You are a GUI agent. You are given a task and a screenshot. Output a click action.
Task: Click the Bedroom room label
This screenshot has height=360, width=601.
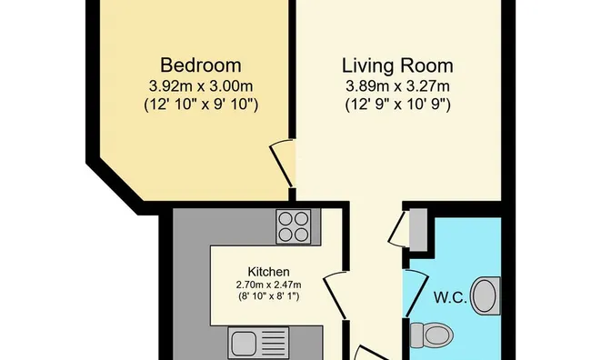(x=200, y=65)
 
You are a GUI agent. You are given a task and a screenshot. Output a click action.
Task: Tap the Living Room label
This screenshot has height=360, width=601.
(x=397, y=65)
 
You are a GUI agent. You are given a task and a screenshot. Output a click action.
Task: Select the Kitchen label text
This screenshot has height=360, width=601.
(x=269, y=272)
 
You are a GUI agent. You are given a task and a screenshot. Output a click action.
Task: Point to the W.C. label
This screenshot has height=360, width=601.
(x=450, y=297)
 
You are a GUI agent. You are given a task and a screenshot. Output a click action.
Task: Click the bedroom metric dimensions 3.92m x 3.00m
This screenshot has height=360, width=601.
(x=201, y=86)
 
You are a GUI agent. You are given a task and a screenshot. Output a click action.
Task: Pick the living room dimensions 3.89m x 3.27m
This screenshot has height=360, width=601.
(x=397, y=86)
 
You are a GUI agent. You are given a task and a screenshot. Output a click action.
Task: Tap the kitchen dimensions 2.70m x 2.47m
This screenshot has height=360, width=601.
(x=268, y=285)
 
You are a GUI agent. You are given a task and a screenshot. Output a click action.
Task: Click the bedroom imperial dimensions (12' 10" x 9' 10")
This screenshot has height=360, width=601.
(x=201, y=105)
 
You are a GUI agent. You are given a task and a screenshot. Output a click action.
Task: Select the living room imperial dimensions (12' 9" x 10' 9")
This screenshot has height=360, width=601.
(x=398, y=105)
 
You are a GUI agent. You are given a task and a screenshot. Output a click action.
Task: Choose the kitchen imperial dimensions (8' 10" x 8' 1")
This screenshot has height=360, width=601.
(x=268, y=296)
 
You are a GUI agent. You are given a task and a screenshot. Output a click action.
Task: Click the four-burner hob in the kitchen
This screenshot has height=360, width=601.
(x=294, y=226)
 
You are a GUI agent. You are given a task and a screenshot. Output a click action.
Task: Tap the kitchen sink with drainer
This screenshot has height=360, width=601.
(x=259, y=343)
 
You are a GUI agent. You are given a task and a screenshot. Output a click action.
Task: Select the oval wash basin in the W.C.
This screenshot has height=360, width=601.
(x=486, y=296)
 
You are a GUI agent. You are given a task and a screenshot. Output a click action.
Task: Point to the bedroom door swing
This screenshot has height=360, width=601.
(x=282, y=165)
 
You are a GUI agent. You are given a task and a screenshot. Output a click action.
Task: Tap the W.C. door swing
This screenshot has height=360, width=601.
(x=417, y=294)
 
